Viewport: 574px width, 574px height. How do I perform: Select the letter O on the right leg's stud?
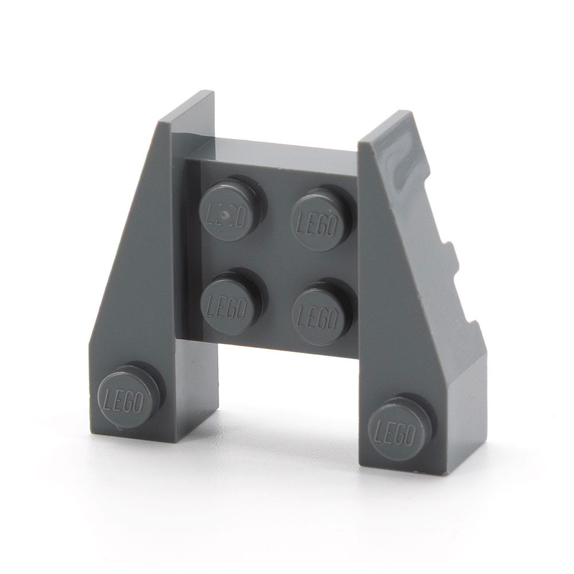tap(410, 435)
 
